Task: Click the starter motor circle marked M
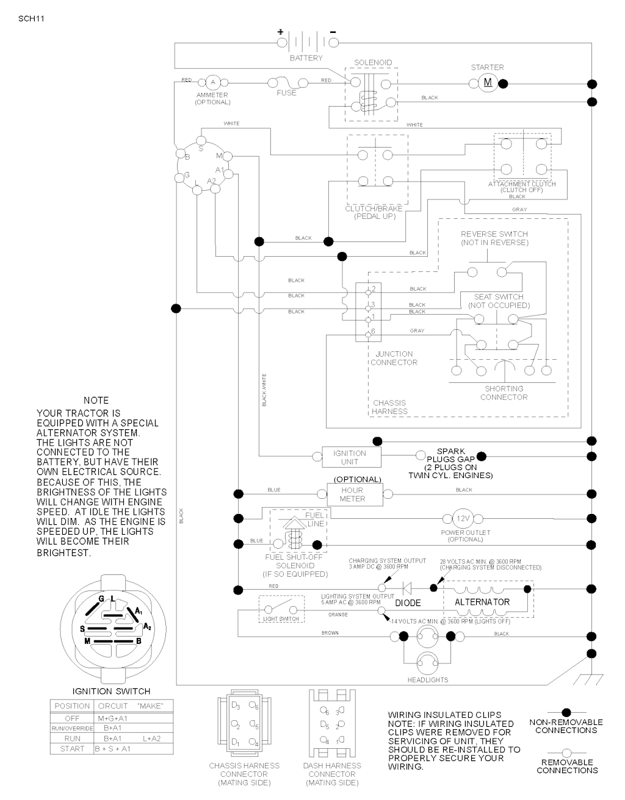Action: tap(487, 84)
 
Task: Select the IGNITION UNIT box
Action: tap(350, 457)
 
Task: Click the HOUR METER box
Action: tap(353, 494)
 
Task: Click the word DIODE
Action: tap(408, 603)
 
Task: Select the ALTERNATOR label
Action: tap(482, 602)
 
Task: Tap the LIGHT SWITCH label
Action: tap(281, 619)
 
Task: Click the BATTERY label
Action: tap(306, 59)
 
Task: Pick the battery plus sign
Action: tap(281, 32)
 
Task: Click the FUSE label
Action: tap(286, 93)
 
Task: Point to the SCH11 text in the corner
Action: tap(32, 18)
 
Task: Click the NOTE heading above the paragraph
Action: tap(96, 401)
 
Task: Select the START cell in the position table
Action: tap(72, 748)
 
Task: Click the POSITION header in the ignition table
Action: tap(72, 706)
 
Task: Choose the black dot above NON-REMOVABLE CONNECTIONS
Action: tap(566, 712)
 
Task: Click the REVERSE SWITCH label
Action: tap(494, 234)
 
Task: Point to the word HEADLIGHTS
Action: tap(428, 680)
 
